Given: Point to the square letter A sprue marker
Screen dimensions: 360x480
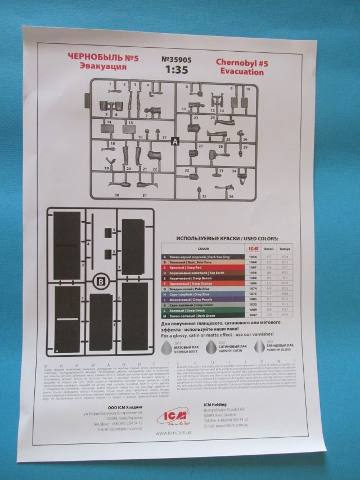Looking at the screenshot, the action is [x=174, y=141].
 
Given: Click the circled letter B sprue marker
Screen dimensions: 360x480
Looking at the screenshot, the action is [x=101, y=280].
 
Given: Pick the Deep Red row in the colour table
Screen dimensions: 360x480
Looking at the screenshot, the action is [x=202, y=267].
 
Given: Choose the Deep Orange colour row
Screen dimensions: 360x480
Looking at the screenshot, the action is [x=202, y=284].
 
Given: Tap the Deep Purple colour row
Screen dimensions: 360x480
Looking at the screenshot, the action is [x=202, y=307].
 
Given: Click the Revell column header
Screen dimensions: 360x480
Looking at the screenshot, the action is [x=269, y=248].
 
